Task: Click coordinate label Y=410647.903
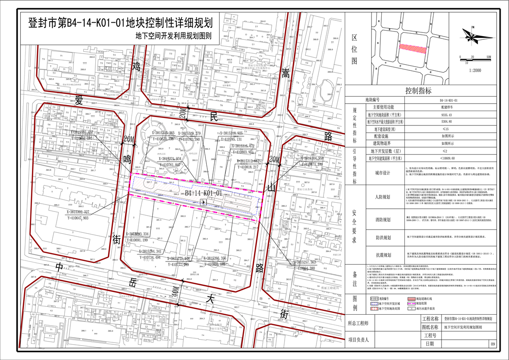tap(72, 217)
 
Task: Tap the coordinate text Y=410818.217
tap(254, 167)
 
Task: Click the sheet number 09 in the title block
tap(493, 344)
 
